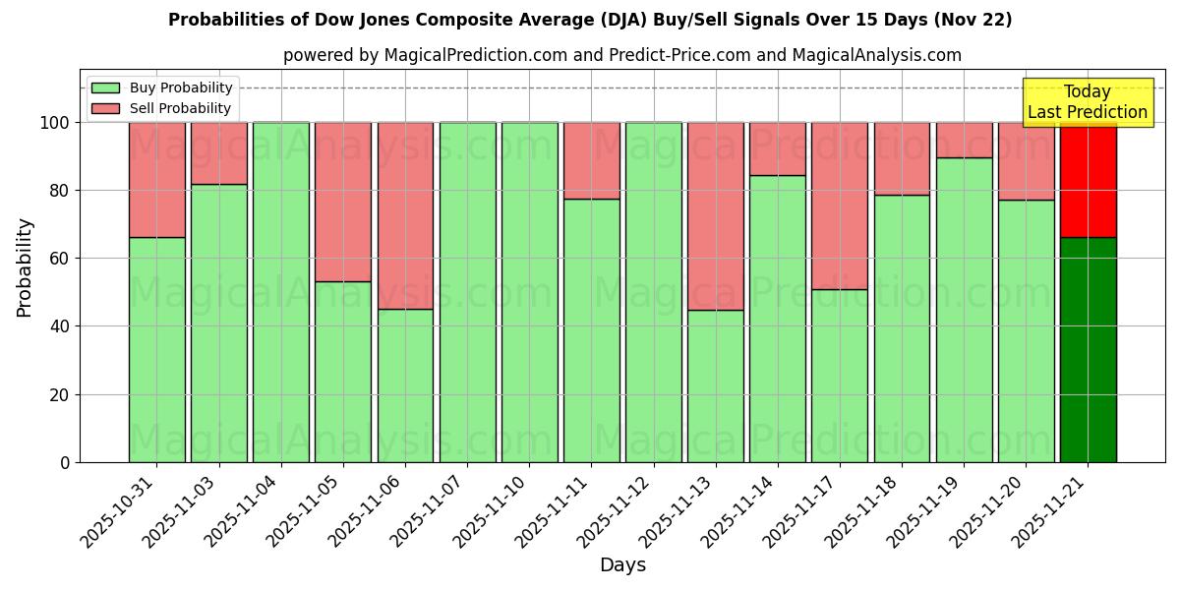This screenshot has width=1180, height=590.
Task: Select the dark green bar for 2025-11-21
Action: [x=1088, y=349]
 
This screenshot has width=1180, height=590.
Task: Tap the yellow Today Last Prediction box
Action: [x=1088, y=102]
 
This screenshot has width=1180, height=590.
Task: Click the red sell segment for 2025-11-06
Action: [x=405, y=215]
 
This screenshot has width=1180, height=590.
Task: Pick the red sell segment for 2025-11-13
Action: [x=715, y=215]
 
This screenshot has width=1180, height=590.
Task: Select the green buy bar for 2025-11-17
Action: [x=839, y=376]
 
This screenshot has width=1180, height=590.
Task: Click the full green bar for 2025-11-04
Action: [x=281, y=292]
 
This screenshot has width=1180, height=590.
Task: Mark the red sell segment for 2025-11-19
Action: [x=964, y=140]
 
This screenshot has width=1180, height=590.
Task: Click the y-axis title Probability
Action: [x=25, y=267]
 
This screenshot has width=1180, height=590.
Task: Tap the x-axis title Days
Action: [x=622, y=565]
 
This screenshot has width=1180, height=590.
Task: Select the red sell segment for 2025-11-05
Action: [x=343, y=202]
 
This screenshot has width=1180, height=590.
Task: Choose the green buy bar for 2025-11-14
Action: [x=777, y=319]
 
